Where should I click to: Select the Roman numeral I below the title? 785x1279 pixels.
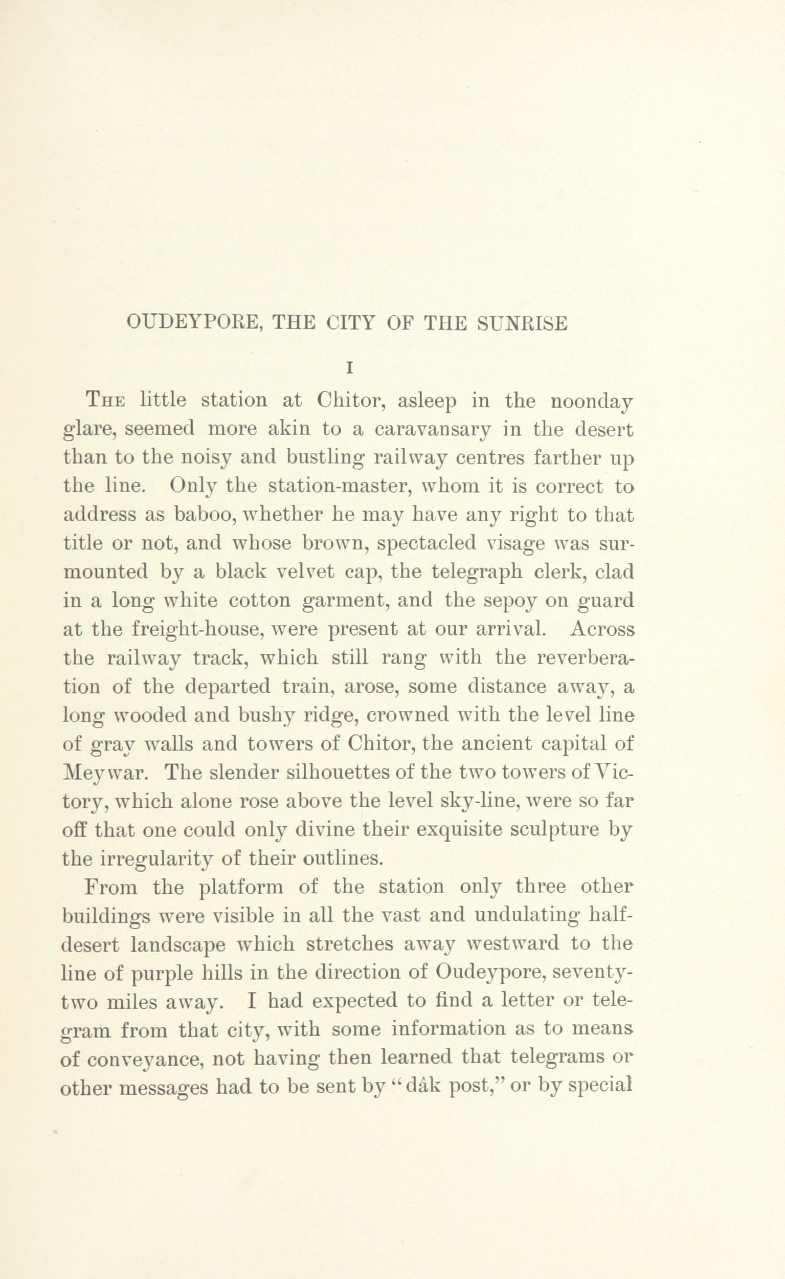click(349, 368)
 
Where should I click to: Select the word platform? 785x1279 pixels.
click(241, 887)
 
